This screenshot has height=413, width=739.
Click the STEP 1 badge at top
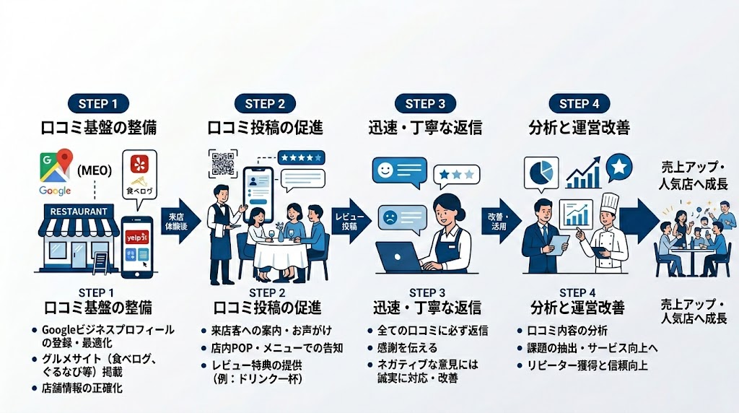[x=98, y=103]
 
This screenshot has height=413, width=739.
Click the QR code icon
[x=223, y=164]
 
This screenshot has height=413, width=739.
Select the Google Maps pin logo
[x=67, y=162]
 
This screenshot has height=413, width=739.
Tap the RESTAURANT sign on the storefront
[x=80, y=212]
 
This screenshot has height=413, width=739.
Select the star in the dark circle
[x=619, y=167]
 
